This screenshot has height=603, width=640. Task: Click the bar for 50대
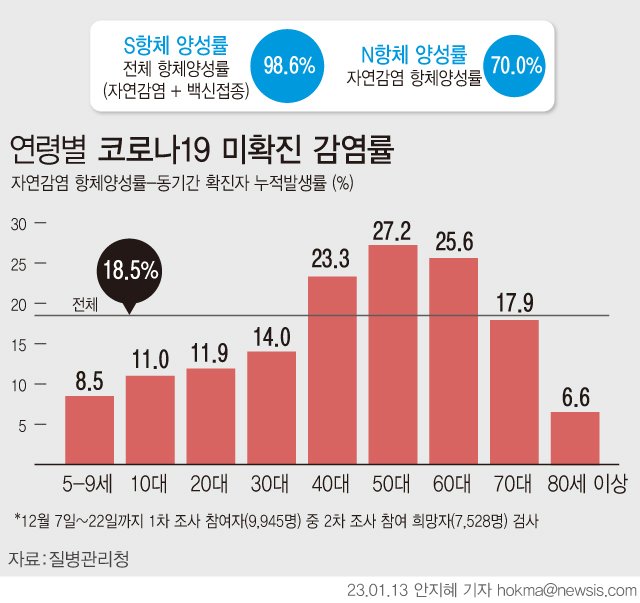392,355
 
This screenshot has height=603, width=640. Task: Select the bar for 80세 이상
574,438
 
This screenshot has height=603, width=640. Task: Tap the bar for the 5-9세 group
89,430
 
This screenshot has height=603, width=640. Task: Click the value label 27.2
392,231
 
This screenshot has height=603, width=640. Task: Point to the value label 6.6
574,397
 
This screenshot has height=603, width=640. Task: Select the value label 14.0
271,337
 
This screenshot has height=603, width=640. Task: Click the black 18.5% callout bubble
129,271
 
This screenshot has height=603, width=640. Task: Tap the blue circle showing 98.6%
288,66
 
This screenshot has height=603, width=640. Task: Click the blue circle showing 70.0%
514,66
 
